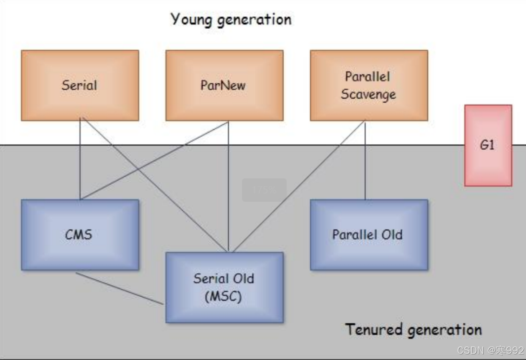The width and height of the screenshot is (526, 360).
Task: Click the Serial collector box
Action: click(80, 86)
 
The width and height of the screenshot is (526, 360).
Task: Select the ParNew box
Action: click(224, 86)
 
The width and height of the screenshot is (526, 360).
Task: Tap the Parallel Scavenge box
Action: click(369, 86)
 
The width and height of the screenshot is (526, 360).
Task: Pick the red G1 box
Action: click(488, 145)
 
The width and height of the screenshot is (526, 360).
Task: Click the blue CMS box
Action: click(80, 234)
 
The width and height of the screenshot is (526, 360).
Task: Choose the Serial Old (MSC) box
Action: click(224, 287)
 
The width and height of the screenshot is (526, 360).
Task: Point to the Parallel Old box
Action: click(369, 234)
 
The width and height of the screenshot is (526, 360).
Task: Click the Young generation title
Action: click(231, 20)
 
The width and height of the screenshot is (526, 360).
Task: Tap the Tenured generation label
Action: click(413, 330)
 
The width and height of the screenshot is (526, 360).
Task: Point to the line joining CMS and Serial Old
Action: click(120, 288)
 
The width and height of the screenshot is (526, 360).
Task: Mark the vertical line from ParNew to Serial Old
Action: click(228, 186)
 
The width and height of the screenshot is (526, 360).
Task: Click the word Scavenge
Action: click(368, 94)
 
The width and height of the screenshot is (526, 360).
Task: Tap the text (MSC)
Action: click(224, 296)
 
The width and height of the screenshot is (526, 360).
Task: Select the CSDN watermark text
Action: click(490, 350)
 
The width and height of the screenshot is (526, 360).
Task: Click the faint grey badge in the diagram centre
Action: click(264, 190)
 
